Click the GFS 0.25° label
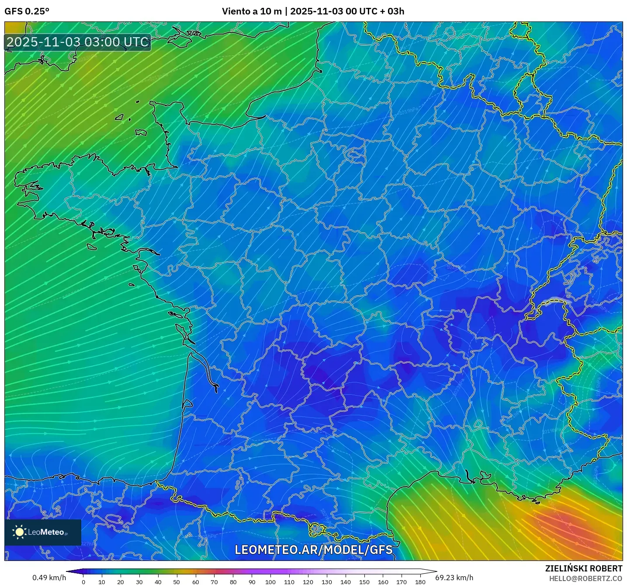pos(27,11)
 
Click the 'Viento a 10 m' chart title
pos(252,11)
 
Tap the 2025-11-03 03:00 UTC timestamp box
pos(78,42)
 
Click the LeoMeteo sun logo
pos(20,532)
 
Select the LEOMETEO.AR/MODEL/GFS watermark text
pos(313,550)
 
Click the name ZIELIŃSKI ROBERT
pos(583,568)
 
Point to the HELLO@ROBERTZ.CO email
pos(585,578)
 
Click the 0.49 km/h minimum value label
pos(49,578)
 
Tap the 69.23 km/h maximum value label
pos(454,578)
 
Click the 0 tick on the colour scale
pos(83,581)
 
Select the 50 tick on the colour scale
pos(177,581)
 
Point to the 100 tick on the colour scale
pos(270,581)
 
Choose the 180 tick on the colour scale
pos(420,581)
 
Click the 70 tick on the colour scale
pos(214,581)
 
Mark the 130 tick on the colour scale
pos(326,581)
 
